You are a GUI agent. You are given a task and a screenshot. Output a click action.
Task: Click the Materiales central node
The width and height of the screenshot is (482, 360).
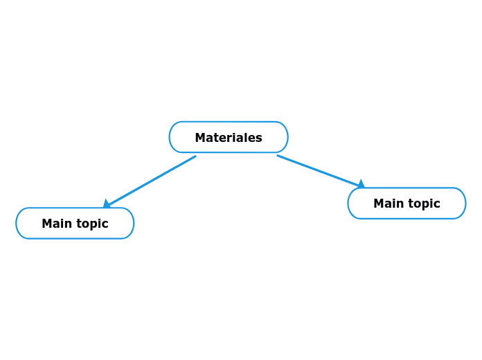(229, 137)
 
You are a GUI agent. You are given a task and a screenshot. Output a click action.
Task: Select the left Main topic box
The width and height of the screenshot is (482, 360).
(75, 223)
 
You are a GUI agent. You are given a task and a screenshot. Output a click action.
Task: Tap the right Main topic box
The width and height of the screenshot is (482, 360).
(407, 204)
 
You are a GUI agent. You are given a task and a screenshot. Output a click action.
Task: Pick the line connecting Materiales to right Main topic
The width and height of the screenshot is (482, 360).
(319, 170)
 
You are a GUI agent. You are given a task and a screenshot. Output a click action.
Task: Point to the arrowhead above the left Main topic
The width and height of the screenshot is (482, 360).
(107, 204)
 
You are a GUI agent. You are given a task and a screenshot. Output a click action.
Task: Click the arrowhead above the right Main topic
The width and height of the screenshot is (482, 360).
(360, 184)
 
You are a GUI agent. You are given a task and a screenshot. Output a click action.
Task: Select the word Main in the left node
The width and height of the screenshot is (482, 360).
(55, 224)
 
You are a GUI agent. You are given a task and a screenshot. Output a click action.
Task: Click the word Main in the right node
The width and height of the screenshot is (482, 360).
(387, 204)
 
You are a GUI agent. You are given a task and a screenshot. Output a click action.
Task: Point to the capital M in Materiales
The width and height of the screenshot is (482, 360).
(200, 138)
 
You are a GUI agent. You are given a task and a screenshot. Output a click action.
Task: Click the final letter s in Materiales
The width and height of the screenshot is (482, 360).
(259, 138)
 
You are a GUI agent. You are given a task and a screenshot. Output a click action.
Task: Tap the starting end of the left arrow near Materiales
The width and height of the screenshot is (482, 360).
(195, 156)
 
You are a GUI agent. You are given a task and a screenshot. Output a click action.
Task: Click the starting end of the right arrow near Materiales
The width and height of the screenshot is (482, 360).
(278, 156)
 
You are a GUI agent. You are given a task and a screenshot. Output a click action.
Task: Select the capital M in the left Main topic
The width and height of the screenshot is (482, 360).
(47, 224)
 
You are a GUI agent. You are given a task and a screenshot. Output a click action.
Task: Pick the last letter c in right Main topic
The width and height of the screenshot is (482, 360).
(437, 204)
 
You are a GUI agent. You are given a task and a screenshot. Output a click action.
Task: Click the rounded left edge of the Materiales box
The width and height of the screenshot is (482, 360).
(170, 137)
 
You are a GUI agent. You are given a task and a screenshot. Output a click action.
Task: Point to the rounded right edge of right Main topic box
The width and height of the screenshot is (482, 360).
(465, 204)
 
